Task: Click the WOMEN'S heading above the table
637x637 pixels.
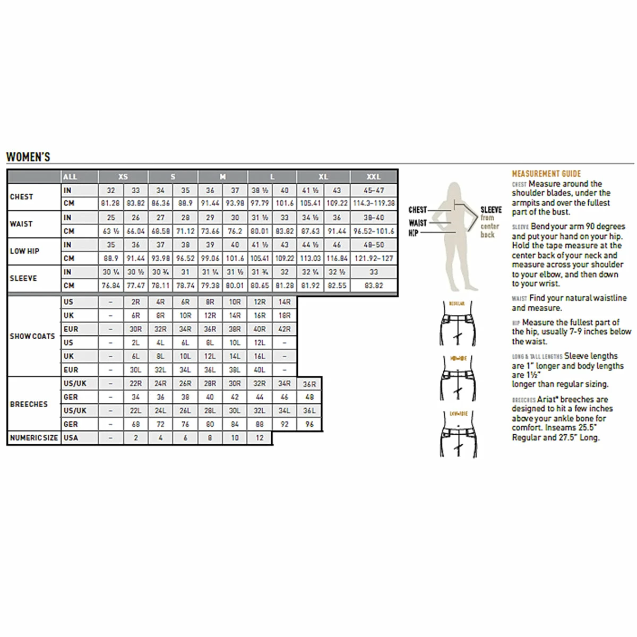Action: [x=28, y=157]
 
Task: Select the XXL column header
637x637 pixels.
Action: [x=374, y=177]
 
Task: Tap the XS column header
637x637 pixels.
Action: [x=123, y=177]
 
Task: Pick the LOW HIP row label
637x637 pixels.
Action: [x=24, y=251]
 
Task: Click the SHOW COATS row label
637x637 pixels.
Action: [x=32, y=336]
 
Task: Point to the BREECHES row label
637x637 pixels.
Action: [x=29, y=404]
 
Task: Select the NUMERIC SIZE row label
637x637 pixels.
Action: [x=33, y=438]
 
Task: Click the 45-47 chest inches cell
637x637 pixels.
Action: [x=374, y=190]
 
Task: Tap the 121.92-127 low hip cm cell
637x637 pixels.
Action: [x=374, y=258]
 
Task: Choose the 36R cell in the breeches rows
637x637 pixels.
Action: [x=309, y=384]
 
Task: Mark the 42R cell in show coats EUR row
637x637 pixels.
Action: [x=285, y=329]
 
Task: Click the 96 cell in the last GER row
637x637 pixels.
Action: [x=309, y=424]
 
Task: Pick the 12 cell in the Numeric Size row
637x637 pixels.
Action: [x=260, y=438]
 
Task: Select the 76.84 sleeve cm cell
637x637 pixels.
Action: [x=110, y=286]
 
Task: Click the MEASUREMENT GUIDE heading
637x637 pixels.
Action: [x=546, y=174]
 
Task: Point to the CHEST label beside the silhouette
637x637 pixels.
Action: [x=418, y=210]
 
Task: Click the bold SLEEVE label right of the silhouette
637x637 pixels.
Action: [x=491, y=210]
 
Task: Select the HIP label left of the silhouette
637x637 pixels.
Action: [x=413, y=233]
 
